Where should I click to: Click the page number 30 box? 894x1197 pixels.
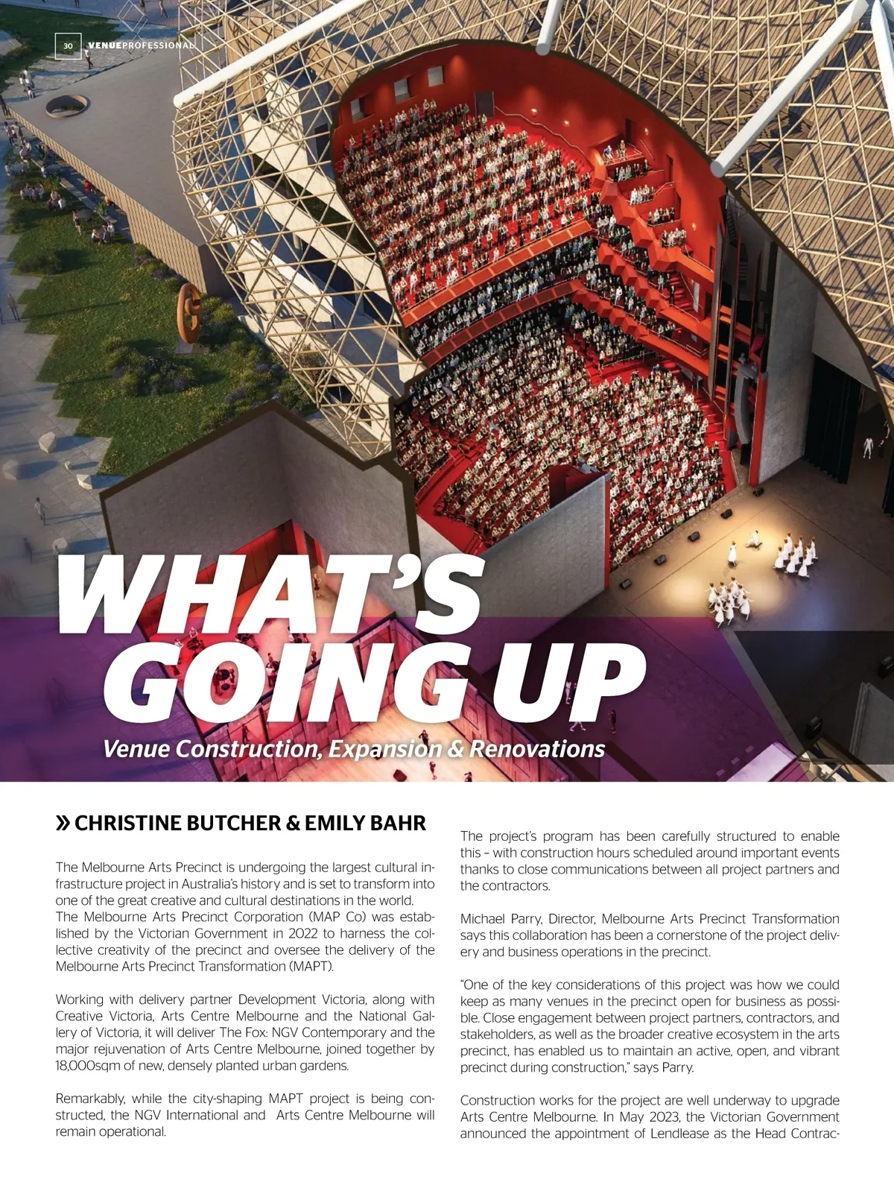point(68,45)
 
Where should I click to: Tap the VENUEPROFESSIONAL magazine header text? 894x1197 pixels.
point(141,45)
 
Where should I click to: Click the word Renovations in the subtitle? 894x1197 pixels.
point(536,748)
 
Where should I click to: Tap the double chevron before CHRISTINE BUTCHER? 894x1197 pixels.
point(63,823)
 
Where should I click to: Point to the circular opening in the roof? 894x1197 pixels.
point(67,105)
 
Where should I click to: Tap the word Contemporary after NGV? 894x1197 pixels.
point(344,1032)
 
